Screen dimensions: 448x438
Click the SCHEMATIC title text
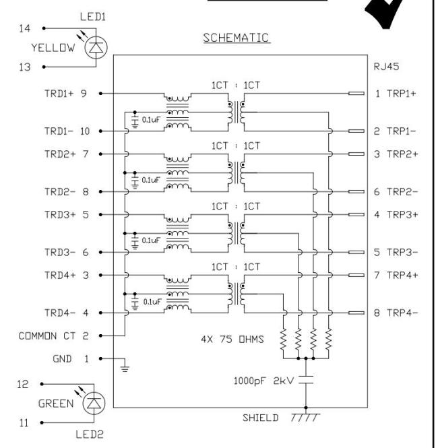coord(237,38)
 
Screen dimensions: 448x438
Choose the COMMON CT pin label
coord(53,335)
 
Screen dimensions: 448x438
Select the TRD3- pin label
coord(59,253)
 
